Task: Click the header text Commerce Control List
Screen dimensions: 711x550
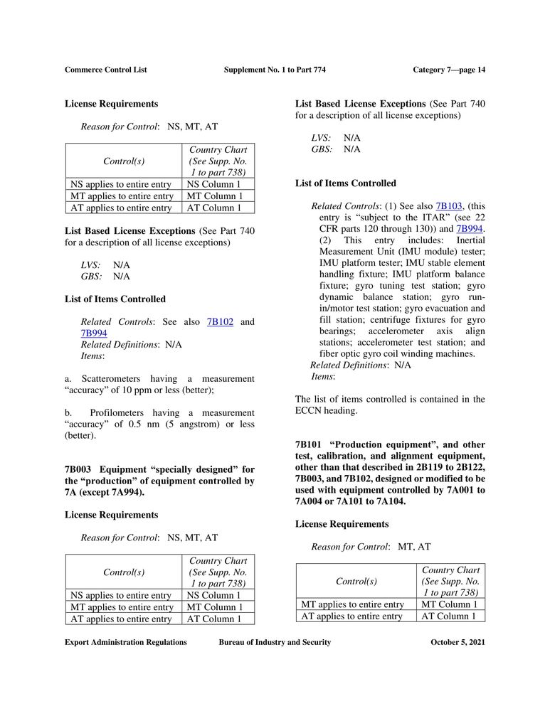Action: coord(105,70)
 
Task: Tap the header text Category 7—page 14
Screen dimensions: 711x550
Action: coord(449,70)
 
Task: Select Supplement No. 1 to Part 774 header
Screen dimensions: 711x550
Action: coord(275,70)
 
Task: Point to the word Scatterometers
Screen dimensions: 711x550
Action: coord(113,379)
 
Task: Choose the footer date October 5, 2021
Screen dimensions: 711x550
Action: coord(458,642)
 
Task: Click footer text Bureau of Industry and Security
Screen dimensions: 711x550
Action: coord(275,642)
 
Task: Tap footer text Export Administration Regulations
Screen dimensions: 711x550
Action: coord(126,642)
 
